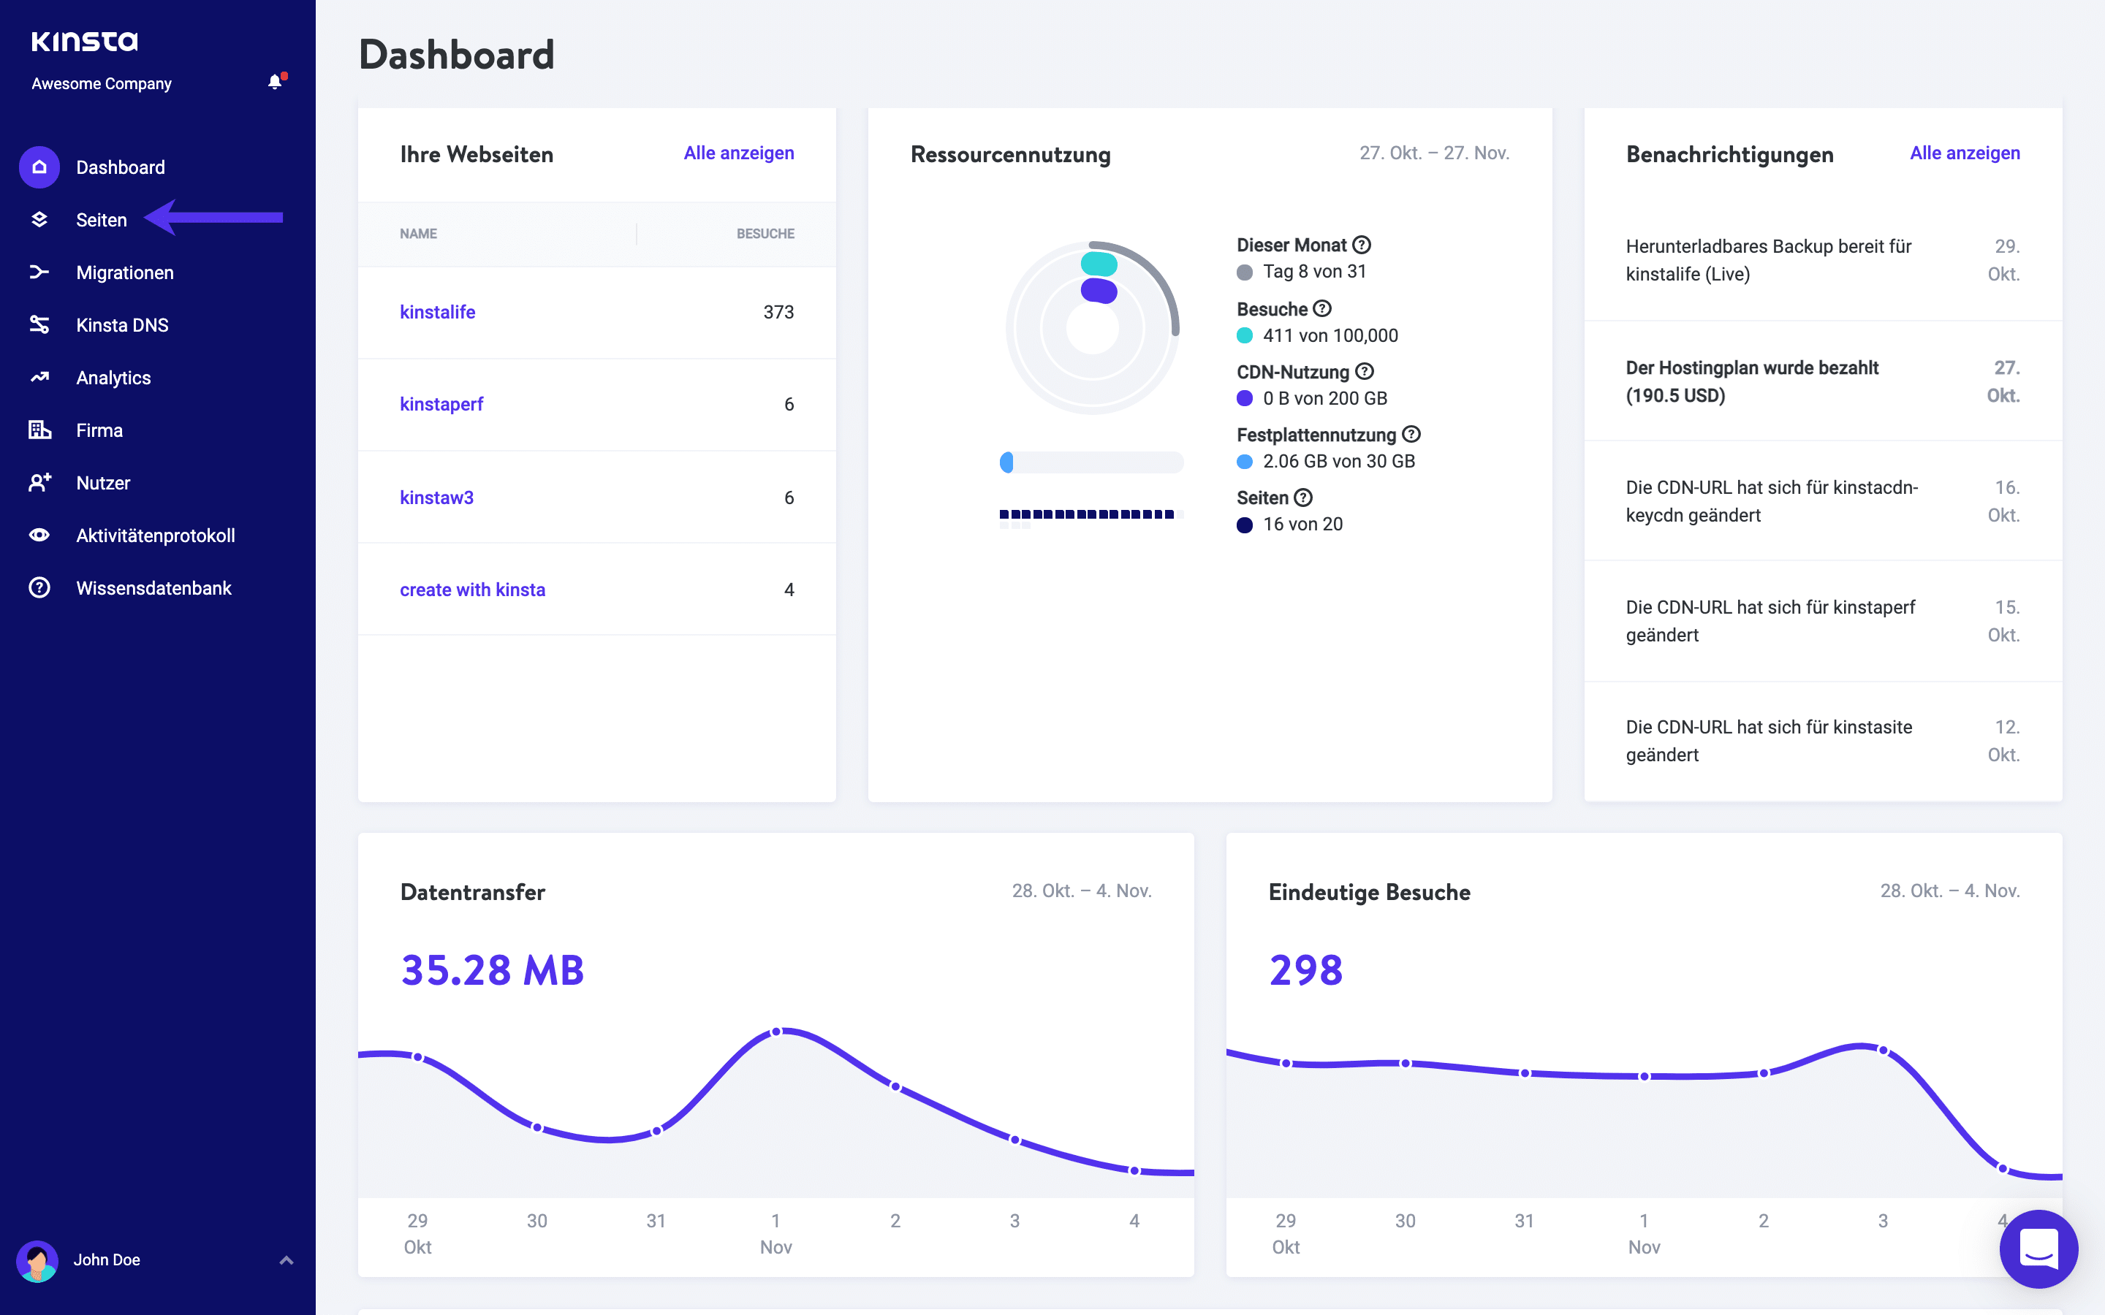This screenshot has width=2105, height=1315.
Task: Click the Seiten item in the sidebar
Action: [101, 220]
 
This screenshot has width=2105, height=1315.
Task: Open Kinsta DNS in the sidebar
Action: [122, 325]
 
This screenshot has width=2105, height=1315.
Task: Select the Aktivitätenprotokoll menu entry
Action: [155, 535]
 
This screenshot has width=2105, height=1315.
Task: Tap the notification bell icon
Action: [275, 83]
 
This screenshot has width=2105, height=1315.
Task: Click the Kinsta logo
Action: [84, 41]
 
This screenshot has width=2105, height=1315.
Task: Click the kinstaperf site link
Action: [441, 405]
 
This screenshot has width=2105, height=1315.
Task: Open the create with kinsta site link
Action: [472, 590]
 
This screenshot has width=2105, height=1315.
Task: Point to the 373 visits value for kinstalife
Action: [778, 312]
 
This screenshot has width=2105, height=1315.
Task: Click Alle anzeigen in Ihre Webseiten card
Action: [738, 153]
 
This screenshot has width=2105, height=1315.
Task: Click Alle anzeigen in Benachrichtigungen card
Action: [1964, 153]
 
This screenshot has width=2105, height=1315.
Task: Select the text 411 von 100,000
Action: [1330, 336]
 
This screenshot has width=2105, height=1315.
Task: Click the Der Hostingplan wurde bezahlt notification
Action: [1752, 382]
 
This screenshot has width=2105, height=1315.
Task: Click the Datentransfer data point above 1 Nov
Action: [777, 1032]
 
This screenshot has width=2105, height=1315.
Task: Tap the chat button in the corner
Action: [2038, 1249]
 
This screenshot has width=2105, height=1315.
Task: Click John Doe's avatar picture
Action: [37, 1260]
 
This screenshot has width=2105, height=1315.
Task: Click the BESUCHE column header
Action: [765, 234]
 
